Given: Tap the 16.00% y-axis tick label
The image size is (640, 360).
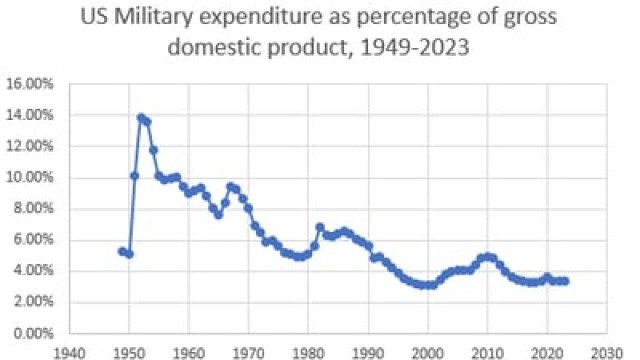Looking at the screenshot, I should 30,84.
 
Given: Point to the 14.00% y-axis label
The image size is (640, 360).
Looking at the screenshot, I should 30,115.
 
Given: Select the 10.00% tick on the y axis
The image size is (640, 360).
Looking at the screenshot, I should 30,177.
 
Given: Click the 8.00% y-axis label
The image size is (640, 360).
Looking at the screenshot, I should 33,208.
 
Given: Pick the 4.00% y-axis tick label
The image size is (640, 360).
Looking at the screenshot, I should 33,270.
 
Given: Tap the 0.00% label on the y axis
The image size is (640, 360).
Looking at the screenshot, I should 33,332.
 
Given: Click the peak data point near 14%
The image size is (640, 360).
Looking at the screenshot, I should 141,117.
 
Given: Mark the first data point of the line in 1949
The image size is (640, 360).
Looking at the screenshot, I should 122,251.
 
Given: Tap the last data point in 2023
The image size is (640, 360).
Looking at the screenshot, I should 564,281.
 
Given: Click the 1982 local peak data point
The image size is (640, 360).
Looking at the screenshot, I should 320,227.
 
